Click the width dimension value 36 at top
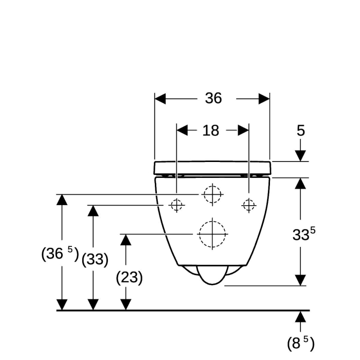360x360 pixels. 213,98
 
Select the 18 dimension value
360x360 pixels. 211,131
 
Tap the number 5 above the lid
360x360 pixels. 300,131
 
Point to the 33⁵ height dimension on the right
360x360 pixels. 304,234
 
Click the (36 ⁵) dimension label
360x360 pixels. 60,254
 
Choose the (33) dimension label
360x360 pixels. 95,260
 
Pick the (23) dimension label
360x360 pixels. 129,278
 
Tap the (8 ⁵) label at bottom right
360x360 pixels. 300,343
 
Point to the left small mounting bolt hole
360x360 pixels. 176,205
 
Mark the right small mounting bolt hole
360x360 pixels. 249,205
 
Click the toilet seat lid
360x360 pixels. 212,168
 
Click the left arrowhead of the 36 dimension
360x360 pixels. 160,99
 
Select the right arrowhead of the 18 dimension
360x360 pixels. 243,131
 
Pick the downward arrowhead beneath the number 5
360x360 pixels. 300,156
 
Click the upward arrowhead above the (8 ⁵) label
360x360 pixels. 300,317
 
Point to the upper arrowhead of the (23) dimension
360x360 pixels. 125,240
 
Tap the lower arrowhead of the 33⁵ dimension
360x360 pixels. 300,280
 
